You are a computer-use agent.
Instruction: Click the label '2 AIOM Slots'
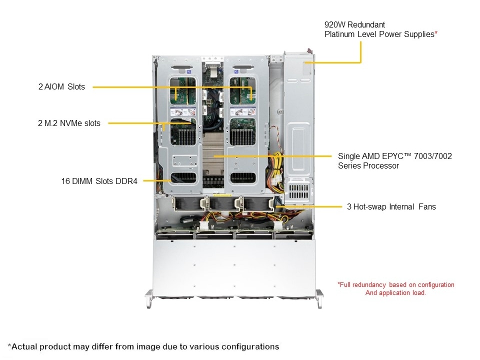point(61,86)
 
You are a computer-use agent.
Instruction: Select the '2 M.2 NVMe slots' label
point(69,123)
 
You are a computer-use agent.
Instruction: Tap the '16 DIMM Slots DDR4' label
point(99,181)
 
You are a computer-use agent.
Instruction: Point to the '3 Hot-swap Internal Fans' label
point(391,206)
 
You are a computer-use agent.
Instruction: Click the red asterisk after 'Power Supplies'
point(436,33)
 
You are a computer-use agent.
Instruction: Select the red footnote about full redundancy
point(395,288)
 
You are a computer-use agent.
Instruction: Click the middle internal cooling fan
point(221,204)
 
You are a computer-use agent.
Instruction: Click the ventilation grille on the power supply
point(299,191)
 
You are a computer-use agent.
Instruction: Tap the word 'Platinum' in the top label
point(339,34)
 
